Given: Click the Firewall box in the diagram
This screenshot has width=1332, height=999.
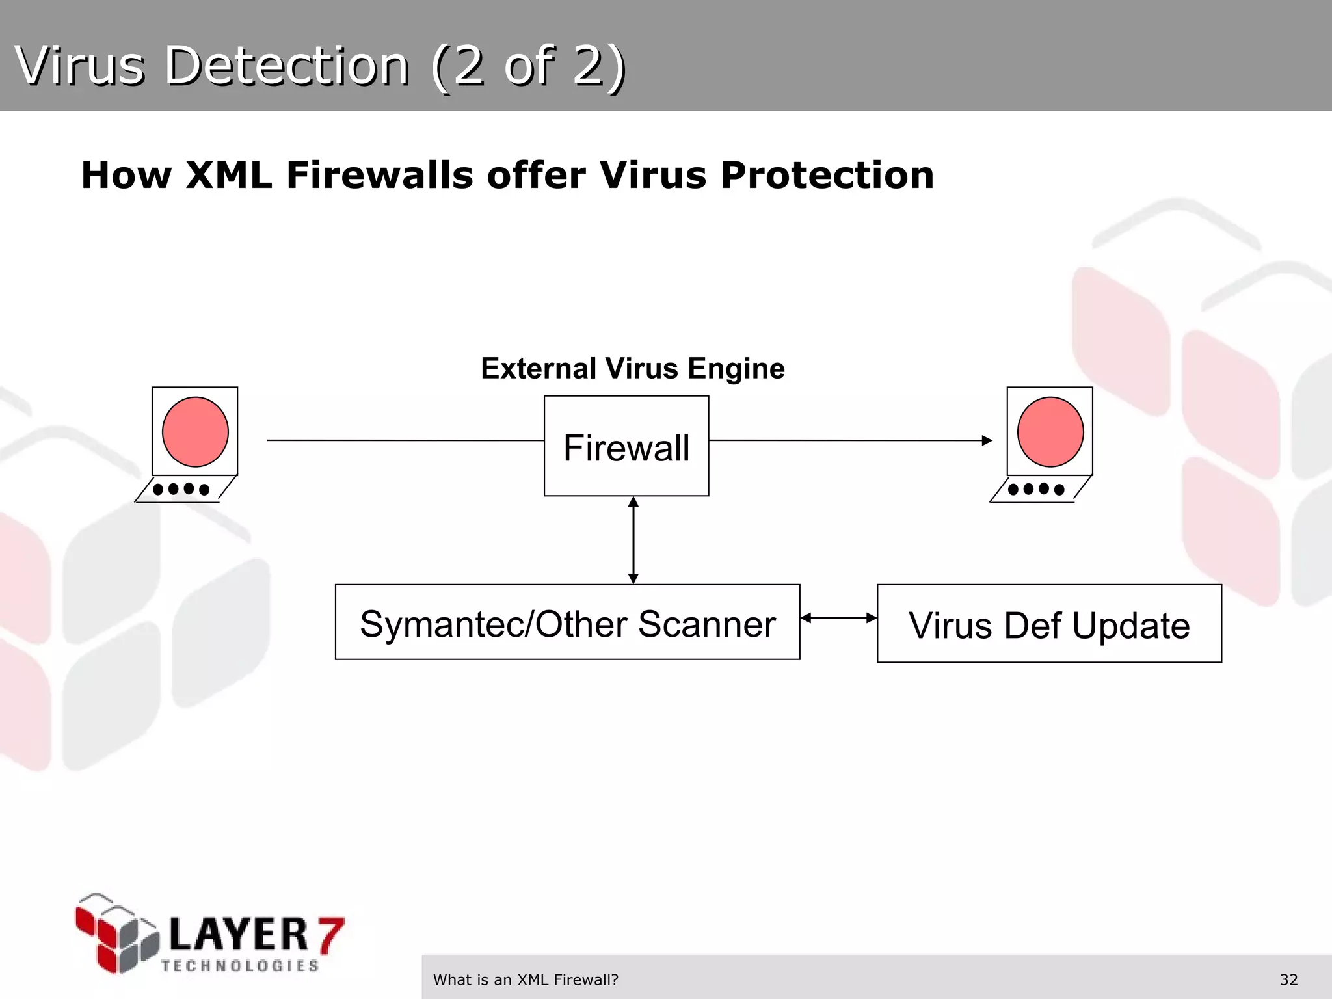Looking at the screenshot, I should [626, 446].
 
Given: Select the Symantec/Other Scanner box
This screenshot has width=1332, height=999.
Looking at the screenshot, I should [567, 622].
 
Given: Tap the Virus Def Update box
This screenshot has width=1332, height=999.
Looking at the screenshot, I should [1049, 624].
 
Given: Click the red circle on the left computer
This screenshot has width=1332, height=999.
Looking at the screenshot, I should [195, 432].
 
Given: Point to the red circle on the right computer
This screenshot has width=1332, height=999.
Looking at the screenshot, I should [1050, 432].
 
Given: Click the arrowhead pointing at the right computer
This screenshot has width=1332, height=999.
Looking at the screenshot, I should [987, 440].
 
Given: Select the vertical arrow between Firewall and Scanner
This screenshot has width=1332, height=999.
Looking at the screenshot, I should [633, 540].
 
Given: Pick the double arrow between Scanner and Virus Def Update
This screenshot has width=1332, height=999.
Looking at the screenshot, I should [838, 618].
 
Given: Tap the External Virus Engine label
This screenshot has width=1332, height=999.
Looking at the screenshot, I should [633, 368].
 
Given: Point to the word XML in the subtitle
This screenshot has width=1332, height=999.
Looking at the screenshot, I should [228, 175].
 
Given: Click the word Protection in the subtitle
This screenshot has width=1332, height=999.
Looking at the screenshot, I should [827, 175].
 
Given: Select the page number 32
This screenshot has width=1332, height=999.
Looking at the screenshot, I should [1288, 979].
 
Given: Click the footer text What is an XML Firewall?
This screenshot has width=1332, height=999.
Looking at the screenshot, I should [526, 979].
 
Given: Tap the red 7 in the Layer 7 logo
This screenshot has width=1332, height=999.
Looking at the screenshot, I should [330, 935].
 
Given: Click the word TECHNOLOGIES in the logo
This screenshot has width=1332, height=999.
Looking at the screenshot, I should [240, 966].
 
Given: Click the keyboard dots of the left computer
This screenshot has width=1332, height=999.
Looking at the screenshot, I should [181, 489].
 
